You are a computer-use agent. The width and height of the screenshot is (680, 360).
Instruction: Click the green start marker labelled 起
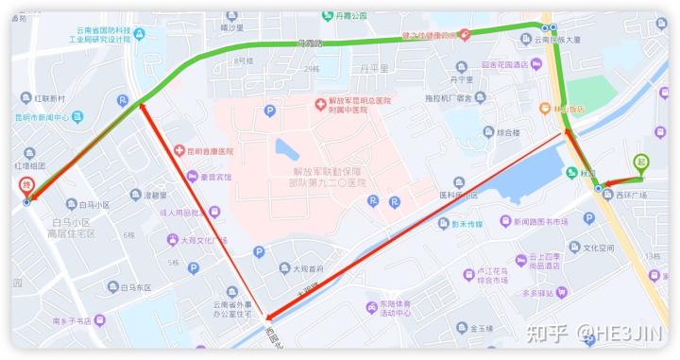[x=641, y=163]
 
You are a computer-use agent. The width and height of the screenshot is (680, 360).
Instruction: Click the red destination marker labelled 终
[x=26, y=186]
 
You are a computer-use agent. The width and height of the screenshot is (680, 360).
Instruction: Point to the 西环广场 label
[x=632, y=196]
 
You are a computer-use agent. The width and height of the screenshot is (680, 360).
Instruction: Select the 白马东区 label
[x=128, y=287]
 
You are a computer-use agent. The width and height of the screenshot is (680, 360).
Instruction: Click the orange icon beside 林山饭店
[x=546, y=109]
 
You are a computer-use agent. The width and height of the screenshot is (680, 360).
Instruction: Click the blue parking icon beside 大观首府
[x=259, y=251]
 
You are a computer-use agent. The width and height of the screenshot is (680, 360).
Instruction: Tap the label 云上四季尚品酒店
[x=557, y=261]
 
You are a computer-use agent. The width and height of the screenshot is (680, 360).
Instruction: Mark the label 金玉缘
[x=480, y=329]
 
